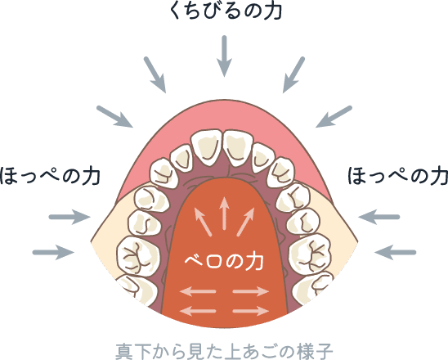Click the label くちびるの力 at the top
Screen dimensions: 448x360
point(226,11)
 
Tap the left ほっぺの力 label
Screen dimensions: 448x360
point(51,176)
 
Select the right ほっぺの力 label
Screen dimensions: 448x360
point(397,176)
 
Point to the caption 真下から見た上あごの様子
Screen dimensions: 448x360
point(224,352)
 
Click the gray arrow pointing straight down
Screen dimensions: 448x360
point(224,56)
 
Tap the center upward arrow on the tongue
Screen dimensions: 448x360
point(225,213)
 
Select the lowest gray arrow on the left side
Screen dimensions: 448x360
point(53,252)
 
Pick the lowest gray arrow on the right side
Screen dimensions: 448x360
point(395,252)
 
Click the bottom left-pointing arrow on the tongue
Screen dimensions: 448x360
point(198,311)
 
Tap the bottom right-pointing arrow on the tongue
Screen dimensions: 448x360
point(251,311)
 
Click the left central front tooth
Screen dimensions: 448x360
point(207,147)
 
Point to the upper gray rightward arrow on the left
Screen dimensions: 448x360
point(69,217)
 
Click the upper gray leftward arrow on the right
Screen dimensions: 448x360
point(379,217)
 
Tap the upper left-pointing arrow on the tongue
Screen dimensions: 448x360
point(198,291)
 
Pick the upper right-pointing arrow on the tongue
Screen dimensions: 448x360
point(251,291)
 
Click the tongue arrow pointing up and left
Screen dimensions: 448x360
point(203,222)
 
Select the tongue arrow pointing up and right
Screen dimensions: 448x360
point(245,222)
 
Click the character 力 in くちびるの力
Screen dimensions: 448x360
point(272,11)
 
